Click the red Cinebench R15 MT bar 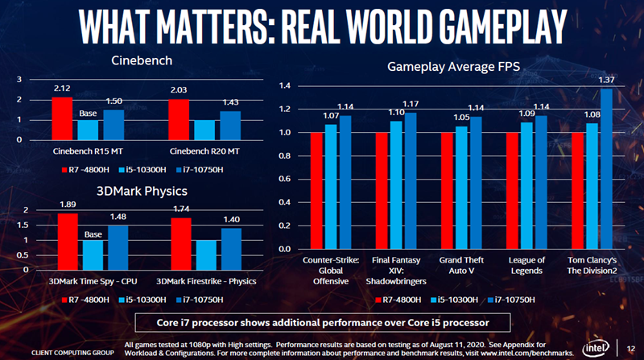click(x=61, y=118)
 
